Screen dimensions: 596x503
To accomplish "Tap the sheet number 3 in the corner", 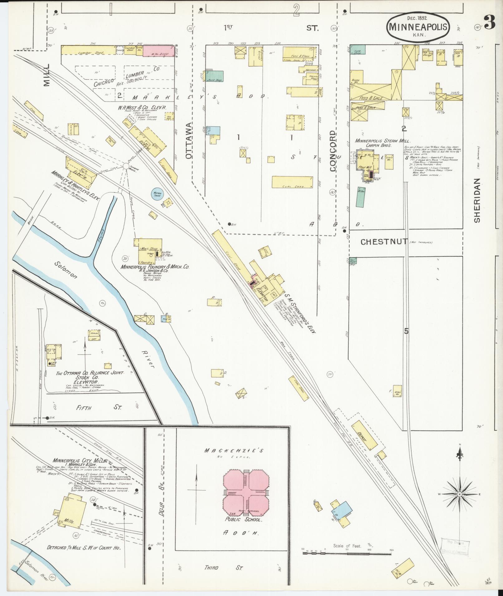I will pos(490,22).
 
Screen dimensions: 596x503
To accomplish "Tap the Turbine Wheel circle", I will pos(126,166).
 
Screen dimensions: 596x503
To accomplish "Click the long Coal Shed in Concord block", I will pos(292,182).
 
